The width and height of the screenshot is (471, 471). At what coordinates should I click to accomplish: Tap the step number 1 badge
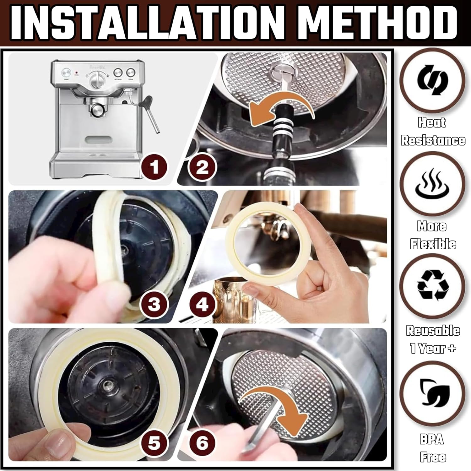(x=154, y=167)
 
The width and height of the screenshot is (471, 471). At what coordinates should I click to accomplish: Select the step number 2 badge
(x=202, y=167)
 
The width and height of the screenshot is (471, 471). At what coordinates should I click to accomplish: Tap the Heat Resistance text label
(x=433, y=131)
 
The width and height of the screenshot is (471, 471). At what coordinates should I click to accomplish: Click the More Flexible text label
(x=433, y=235)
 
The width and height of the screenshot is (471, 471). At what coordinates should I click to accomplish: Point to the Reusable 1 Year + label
(x=433, y=339)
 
